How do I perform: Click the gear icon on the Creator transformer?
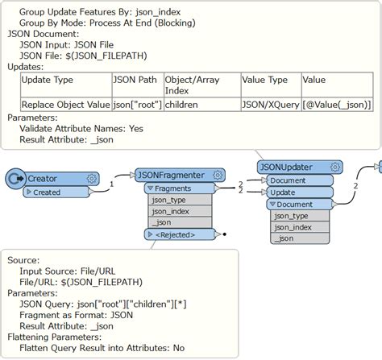point(91,178)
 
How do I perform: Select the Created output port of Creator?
point(47,192)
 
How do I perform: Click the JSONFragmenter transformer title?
point(169,175)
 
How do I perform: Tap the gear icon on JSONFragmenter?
point(218,175)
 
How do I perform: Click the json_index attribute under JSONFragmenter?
point(172,211)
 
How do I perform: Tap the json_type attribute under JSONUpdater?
point(292,216)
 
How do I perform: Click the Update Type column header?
point(47,81)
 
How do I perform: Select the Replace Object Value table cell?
point(64,104)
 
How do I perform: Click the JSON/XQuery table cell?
point(270,104)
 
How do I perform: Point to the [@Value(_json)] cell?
point(337,104)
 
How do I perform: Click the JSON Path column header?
point(136,81)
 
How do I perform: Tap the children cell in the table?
point(186,104)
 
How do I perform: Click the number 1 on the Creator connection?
point(112,184)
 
